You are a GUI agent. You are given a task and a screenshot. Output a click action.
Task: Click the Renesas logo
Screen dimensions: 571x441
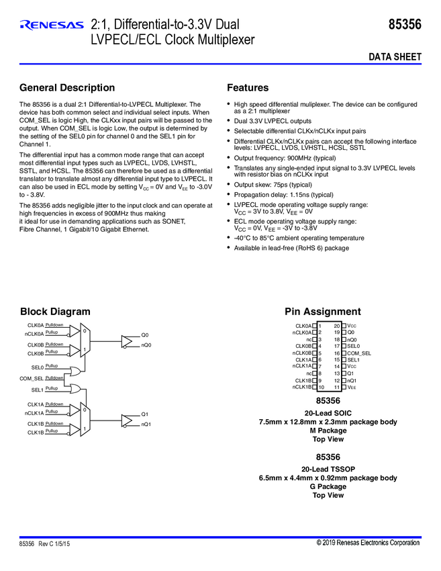52,26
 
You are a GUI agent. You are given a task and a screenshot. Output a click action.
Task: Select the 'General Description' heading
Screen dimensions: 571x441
67,88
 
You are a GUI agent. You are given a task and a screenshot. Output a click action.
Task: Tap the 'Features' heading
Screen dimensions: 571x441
248,88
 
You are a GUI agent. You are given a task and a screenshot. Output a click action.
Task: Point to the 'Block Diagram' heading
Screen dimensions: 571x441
55,312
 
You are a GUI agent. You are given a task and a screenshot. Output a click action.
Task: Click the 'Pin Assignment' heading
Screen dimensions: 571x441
322,312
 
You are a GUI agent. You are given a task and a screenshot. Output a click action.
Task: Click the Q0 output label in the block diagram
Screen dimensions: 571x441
145,335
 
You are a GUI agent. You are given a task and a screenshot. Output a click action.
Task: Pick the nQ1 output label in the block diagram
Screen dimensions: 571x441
146,425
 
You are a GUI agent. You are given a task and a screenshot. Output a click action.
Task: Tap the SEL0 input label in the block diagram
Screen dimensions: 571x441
37,368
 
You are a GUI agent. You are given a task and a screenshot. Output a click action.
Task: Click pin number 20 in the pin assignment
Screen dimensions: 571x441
337,325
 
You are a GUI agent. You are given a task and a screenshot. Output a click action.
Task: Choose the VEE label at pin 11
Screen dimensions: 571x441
352,387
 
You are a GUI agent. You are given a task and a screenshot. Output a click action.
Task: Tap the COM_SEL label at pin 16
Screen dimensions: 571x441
359,353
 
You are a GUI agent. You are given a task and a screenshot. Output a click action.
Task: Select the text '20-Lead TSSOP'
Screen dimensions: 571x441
328,469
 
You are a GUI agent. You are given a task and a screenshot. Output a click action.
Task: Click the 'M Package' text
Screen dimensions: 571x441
328,431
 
